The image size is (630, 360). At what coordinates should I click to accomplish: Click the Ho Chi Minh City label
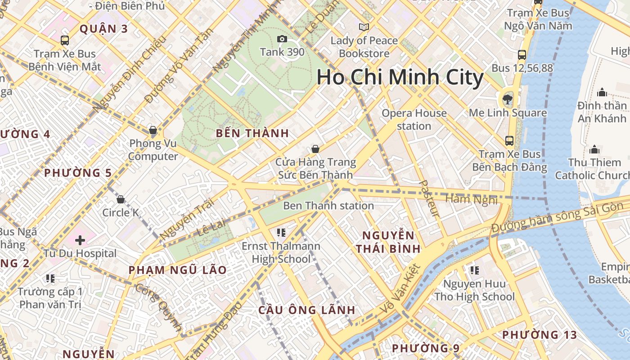point(400,77)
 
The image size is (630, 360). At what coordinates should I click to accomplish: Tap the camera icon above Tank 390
point(282,39)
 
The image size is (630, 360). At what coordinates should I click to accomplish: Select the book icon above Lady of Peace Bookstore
point(364,27)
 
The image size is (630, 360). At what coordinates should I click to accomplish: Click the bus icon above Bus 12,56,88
point(522,55)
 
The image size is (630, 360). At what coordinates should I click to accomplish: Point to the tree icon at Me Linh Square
point(508,99)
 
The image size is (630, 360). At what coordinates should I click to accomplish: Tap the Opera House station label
point(414,120)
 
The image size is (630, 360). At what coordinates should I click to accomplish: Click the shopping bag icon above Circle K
point(121,199)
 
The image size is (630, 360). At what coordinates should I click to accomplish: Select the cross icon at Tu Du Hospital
point(80,240)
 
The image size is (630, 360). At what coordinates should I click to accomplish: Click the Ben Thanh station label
point(328,206)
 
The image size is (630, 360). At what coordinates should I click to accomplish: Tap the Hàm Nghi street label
point(471,199)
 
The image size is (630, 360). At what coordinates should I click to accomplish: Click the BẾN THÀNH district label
point(252,133)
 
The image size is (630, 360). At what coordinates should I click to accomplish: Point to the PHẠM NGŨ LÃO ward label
point(178,270)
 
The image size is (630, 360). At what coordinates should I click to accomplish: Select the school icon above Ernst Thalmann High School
point(281,233)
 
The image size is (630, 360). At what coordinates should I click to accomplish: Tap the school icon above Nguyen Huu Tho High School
point(474,270)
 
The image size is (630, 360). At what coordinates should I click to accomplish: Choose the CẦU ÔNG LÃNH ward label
point(307,310)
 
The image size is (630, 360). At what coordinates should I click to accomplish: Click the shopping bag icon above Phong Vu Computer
point(153,130)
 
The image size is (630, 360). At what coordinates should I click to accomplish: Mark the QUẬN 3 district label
point(104,29)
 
